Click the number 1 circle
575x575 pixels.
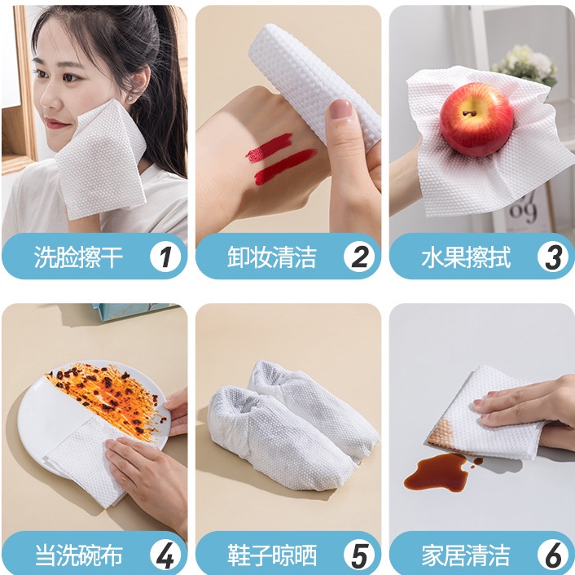coord(165,257)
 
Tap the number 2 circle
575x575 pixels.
coord(359,257)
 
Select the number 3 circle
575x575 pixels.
coord(553,257)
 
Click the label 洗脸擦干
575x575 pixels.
coord(78,257)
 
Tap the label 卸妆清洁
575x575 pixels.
coord(272,257)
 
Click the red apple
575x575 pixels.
coord(476,119)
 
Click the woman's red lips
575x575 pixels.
coord(57,125)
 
